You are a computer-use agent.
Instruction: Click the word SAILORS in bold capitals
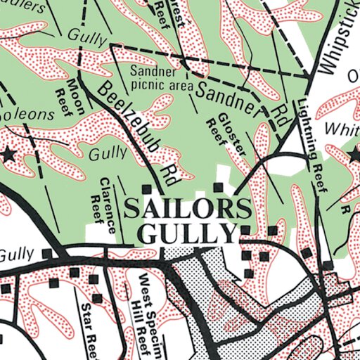click(187, 209)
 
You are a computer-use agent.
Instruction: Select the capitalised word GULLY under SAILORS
click(186, 233)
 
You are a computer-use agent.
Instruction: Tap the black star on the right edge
click(354, 154)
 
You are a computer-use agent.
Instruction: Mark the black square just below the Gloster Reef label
click(218, 187)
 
